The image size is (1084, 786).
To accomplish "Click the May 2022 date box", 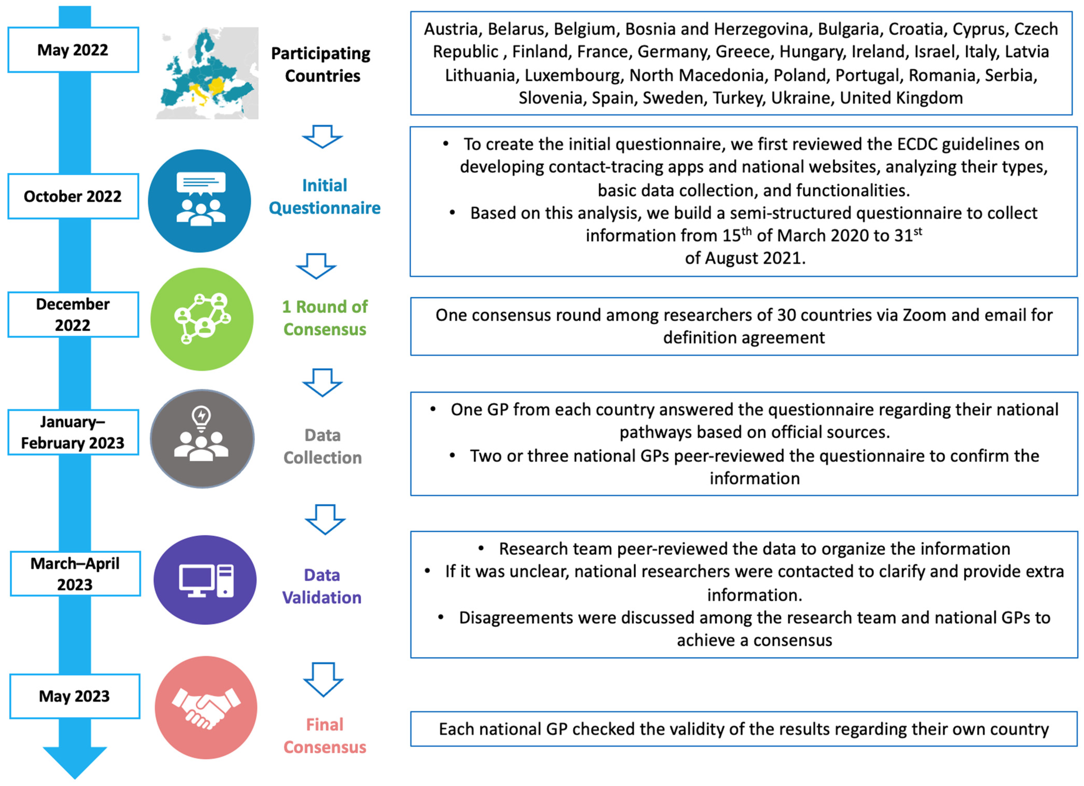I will (x=73, y=50).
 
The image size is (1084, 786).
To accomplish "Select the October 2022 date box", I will (x=73, y=196).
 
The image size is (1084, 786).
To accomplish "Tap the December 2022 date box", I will (x=73, y=315).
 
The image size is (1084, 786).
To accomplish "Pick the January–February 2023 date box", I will (x=73, y=432).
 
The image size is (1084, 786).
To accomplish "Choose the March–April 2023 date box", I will (x=75, y=574).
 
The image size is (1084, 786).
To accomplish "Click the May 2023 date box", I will (x=75, y=696).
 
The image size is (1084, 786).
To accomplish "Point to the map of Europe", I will (x=207, y=73).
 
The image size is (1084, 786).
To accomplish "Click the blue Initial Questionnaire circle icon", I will (x=199, y=201).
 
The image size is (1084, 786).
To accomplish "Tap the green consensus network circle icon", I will (x=202, y=319).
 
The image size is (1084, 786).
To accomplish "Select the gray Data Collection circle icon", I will (x=202, y=438).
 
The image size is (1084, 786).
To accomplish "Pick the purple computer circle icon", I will (x=205, y=580).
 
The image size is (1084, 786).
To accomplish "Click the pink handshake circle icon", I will (x=206, y=708).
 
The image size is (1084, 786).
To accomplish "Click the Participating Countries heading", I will (x=321, y=65).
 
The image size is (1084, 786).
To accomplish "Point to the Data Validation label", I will (x=322, y=586).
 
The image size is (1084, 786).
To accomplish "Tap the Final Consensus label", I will (x=325, y=736).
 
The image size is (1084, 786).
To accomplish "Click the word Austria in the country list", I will (x=451, y=30).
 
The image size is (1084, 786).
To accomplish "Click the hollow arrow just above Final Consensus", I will (x=323, y=679).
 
